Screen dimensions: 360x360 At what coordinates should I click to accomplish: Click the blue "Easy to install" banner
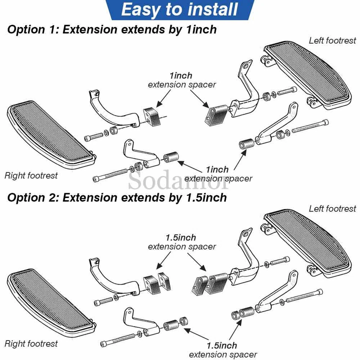tap(180, 10)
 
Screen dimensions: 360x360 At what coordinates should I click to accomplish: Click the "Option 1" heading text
tap(112, 30)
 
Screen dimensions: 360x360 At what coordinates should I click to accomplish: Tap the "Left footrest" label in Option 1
tap(332, 40)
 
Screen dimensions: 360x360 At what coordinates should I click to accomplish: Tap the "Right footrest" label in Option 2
tap(31, 343)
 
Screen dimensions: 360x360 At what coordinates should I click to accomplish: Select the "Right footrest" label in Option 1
tap(31, 175)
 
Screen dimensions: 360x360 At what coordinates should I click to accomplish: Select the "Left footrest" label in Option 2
tap(332, 209)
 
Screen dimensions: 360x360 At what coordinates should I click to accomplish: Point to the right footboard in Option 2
tap(51, 300)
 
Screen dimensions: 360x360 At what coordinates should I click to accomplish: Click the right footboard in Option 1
tap(51, 133)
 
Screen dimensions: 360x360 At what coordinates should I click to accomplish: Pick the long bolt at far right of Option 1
tap(310, 127)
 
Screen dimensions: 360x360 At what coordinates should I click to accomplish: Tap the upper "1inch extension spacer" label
tap(182, 80)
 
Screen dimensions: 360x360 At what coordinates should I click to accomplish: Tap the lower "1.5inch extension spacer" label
tap(223, 349)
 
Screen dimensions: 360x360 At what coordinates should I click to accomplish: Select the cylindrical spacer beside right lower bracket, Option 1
tap(171, 157)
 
